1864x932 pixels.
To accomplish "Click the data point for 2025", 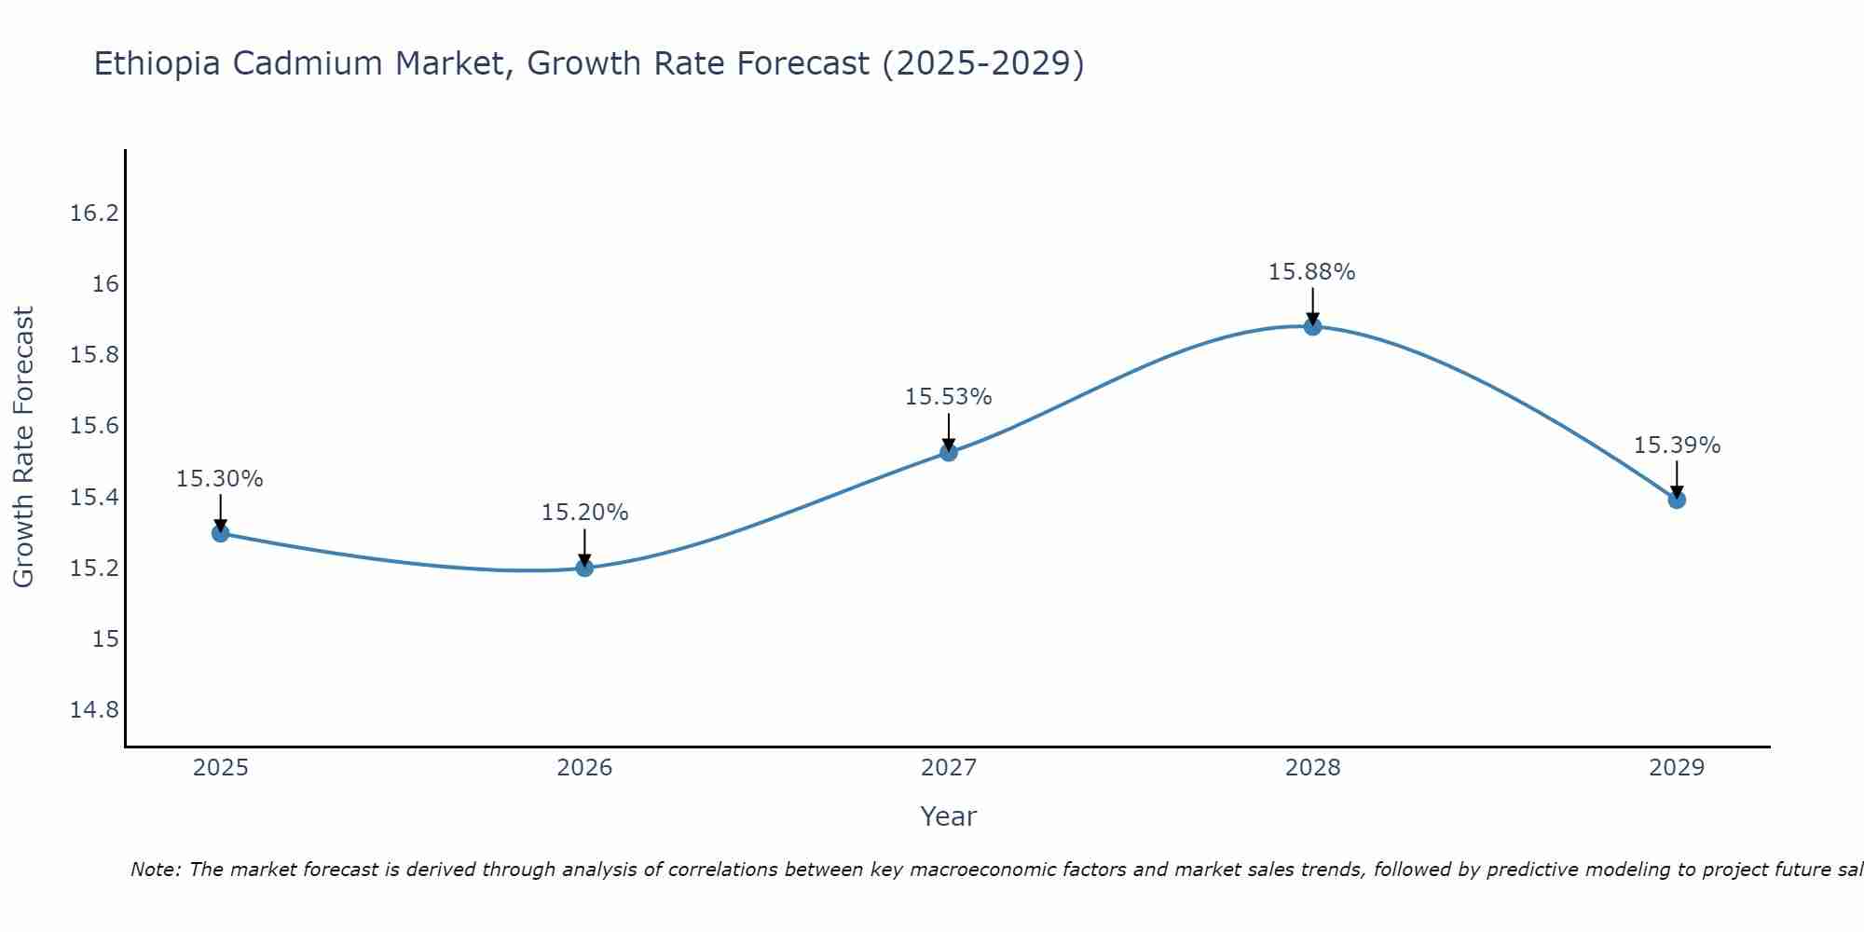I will click(221, 533).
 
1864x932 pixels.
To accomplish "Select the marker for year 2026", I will click(584, 568).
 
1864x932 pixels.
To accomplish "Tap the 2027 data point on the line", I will click(949, 452).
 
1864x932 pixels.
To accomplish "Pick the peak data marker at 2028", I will click(1312, 326).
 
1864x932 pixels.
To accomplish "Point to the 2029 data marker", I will click(1677, 500).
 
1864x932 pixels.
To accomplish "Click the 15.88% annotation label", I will click(1311, 272).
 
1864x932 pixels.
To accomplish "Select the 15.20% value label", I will click(584, 513).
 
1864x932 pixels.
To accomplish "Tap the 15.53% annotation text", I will click(948, 397).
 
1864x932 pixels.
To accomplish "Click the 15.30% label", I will click(220, 479).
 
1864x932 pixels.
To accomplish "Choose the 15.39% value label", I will click(1677, 445).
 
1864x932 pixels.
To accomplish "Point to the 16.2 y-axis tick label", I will click(94, 213).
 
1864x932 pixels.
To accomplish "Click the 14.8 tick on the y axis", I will click(94, 710).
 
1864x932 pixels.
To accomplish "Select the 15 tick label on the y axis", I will click(105, 639).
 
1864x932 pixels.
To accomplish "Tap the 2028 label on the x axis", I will click(1312, 768).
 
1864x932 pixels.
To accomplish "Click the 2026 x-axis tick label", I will click(584, 768).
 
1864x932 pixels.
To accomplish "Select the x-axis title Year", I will click(948, 816).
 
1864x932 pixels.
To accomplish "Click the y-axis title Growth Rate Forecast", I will click(23, 447).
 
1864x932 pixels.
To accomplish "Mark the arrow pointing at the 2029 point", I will click(1677, 479).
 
